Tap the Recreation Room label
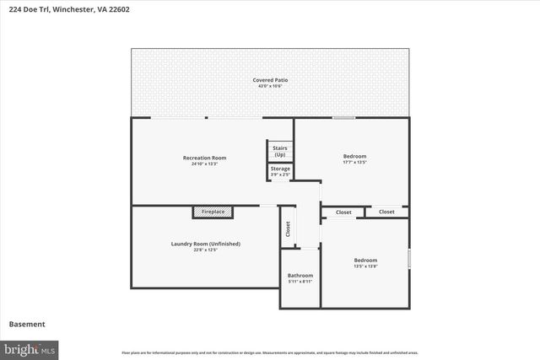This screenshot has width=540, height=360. coord(204,158)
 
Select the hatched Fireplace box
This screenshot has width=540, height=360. coord(213,212)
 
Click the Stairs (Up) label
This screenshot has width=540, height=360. coord(279,150)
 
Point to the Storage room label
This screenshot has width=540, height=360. coord(280,169)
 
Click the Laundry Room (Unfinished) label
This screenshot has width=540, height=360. coord(206,244)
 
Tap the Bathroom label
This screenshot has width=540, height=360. coord(300,276)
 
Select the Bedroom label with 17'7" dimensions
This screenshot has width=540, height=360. coord(354,156)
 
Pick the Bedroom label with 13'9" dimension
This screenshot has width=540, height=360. coord(365,261)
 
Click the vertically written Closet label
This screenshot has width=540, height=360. coord(288,228)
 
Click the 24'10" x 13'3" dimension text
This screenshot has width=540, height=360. coord(204,164)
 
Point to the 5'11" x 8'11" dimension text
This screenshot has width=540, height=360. coord(300,282)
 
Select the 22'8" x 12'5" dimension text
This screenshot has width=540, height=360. coord(206,250)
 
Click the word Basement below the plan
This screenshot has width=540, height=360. coord(27,324)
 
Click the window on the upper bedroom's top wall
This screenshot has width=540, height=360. coord(343,118)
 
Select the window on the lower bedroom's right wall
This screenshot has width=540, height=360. coord(409,259)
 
